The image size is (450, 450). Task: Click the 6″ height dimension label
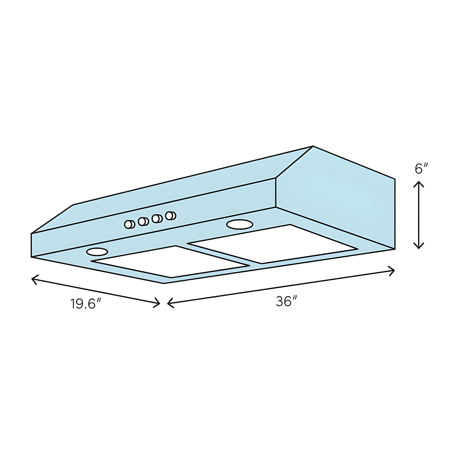[x=421, y=169]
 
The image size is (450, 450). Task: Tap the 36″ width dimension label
[x=286, y=301]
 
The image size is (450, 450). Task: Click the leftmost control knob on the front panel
[x=129, y=224]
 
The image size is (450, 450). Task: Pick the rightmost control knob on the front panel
[x=171, y=215]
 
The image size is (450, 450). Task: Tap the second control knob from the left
[x=143, y=221]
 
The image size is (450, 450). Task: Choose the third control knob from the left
[x=157, y=218]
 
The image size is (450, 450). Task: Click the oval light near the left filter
[x=97, y=252]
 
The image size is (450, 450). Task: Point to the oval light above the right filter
[x=240, y=224]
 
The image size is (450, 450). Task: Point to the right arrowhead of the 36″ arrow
[x=393, y=271]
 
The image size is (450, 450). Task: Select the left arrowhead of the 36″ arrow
[x=169, y=303]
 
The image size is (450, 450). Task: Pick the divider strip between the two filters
[x=219, y=253]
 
